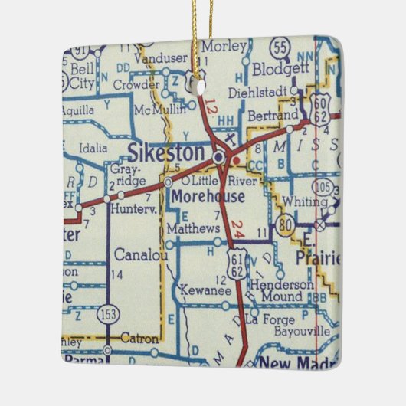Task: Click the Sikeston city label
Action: pos(166,152)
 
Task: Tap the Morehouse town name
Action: pos(209,197)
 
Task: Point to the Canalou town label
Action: pos(140,254)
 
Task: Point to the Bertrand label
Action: pos(273,115)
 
